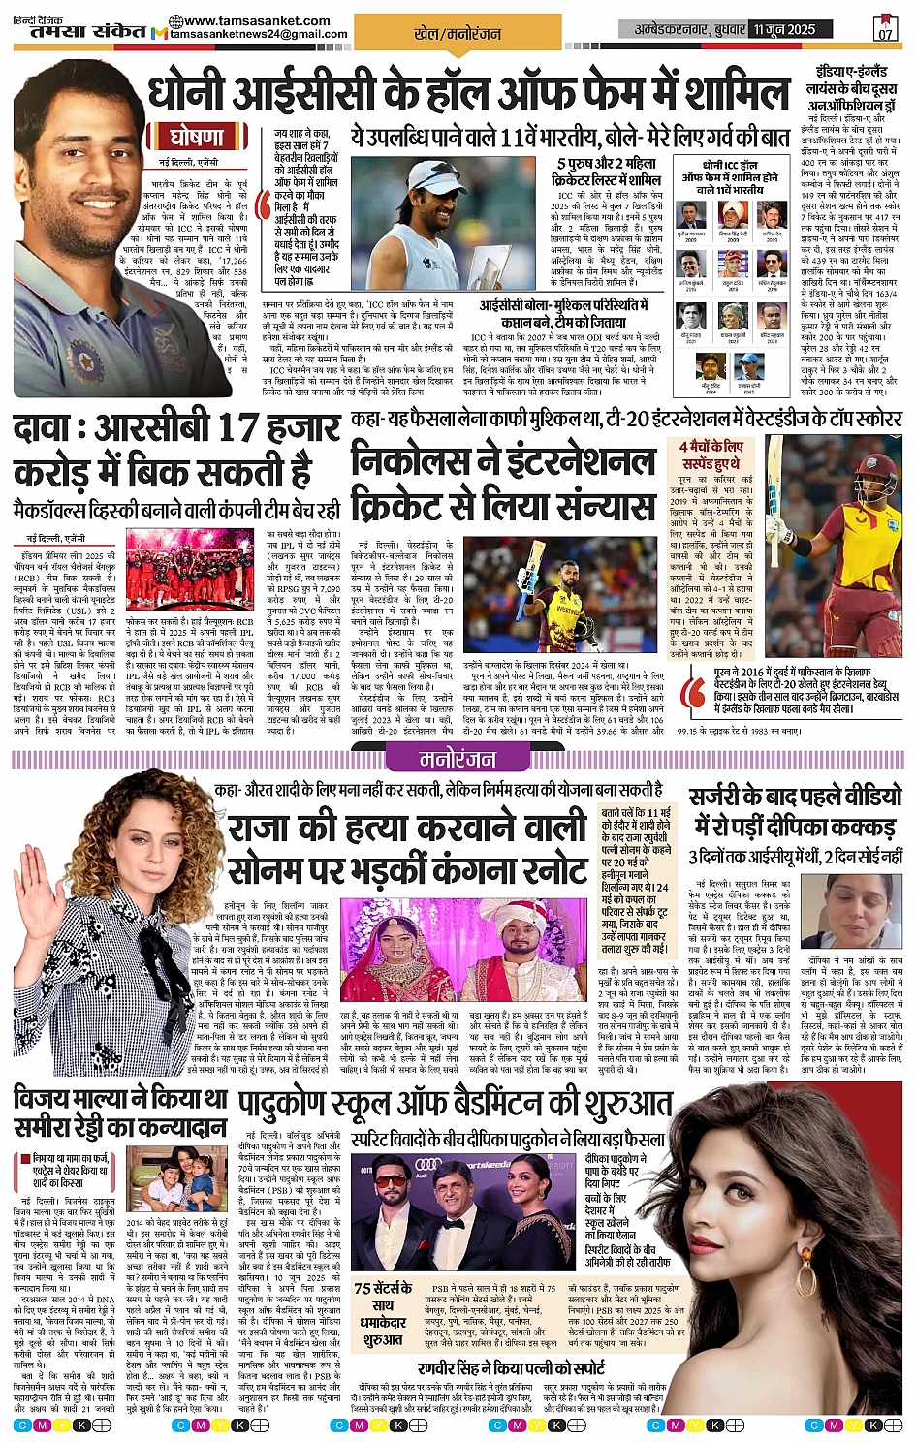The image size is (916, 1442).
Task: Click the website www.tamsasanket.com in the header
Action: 241,20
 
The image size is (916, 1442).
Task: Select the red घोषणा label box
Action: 197,136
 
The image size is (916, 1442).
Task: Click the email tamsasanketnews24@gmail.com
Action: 259,35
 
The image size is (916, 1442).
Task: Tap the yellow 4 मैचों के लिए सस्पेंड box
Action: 711,455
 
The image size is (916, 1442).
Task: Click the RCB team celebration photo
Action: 189,568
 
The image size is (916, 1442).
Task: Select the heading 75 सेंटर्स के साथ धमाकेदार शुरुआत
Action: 384,1313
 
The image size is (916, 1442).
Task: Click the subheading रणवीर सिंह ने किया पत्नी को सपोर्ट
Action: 511,1369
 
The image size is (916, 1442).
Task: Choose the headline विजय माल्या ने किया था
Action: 121,1100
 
